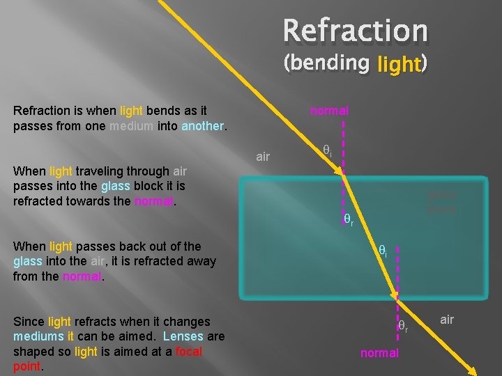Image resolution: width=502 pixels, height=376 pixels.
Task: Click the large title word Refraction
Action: pyautogui.click(x=355, y=31)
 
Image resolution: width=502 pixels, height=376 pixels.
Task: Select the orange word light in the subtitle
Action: pyautogui.click(x=398, y=65)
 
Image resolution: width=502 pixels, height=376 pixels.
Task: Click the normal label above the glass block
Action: pyautogui.click(x=329, y=111)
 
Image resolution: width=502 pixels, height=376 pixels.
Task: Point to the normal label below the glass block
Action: pyautogui.click(x=379, y=353)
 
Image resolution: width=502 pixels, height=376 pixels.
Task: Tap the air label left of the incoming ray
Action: pyautogui.click(x=263, y=157)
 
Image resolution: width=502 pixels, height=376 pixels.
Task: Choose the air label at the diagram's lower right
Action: pyautogui.click(x=447, y=320)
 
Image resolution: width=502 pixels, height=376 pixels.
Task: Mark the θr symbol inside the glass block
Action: pyautogui.click(x=348, y=221)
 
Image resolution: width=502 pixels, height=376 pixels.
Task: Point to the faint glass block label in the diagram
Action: pyautogui.click(x=442, y=203)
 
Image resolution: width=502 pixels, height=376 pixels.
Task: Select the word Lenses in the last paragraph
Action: pyautogui.click(x=184, y=337)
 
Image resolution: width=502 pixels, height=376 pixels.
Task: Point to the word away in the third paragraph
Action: pyautogui.click(x=200, y=262)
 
